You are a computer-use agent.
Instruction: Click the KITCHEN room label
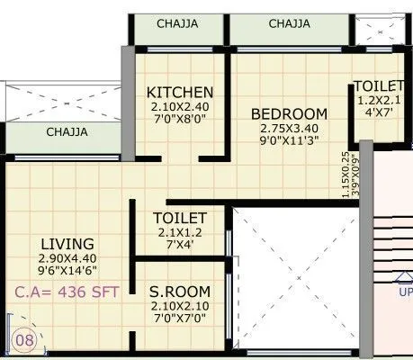[x=180, y=92]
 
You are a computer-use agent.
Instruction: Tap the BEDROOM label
[x=289, y=113]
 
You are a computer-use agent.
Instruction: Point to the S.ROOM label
[x=180, y=292]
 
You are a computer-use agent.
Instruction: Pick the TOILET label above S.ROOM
[x=180, y=219]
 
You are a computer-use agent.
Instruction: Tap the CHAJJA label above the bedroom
[x=291, y=23]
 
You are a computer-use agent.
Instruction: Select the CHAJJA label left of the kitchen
[x=67, y=132]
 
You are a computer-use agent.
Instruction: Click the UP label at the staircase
[x=405, y=292]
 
